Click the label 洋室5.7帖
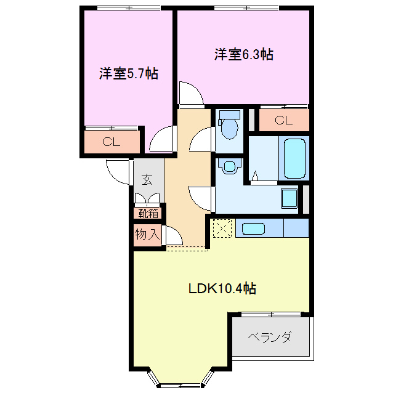129,74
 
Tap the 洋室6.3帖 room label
244,55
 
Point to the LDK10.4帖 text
222,288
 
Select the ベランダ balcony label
269,338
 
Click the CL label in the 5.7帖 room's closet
111,142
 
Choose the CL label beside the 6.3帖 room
283,120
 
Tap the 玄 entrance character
147,180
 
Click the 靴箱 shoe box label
148,214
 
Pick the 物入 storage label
148,235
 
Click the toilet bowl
229,126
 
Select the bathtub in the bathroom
293,158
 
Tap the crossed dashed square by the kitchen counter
221,229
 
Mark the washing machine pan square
289,199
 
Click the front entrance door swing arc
118,171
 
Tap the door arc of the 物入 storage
172,237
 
